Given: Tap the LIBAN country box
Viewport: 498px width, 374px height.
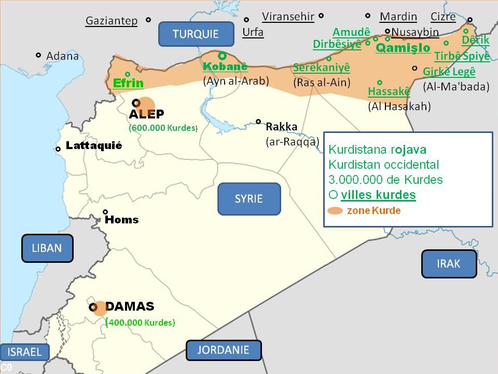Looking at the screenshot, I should pyautogui.click(x=47, y=248).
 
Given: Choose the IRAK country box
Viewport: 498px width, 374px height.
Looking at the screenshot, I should pyautogui.click(x=448, y=263).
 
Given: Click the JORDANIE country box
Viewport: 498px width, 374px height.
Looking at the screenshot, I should pyautogui.click(x=223, y=350).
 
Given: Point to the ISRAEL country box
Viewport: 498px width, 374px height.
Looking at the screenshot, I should pyautogui.click(x=24, y=352).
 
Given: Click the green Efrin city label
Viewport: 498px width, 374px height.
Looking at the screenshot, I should pyautogui.click(x=128, y=83).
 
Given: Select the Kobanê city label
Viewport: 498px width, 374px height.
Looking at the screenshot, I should pyautogui.click(x=225, y=66).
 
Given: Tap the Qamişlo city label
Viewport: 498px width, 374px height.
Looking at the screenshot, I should pyautogui.click(x=403, y=48).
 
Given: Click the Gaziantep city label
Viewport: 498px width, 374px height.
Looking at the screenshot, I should pyautogui.click(x=112, y=21).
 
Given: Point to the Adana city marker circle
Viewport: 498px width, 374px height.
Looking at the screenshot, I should pyautogui.click(x=38, y=55).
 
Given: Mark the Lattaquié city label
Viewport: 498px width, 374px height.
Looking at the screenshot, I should pyautogui.click(x=94, y=146).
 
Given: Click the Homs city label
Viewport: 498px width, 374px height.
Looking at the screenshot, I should pyautogui.click(x=121, y=220).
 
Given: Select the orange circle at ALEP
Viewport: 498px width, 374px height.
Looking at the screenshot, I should pyautogui.click(x=145, y=104).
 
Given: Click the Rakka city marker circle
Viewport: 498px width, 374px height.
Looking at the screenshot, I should pyautogui.click(x=258, y=122).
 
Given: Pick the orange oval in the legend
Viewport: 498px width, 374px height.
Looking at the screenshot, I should pyautogui.click(x=335, y=211).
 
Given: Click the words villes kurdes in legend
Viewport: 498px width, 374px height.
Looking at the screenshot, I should pyautogui.click(x=378, y=195).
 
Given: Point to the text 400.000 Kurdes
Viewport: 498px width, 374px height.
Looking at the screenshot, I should pyautogui.click(x=142, y=323).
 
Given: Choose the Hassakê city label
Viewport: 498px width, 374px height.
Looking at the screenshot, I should pyautogui.click(x=389, y=92).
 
